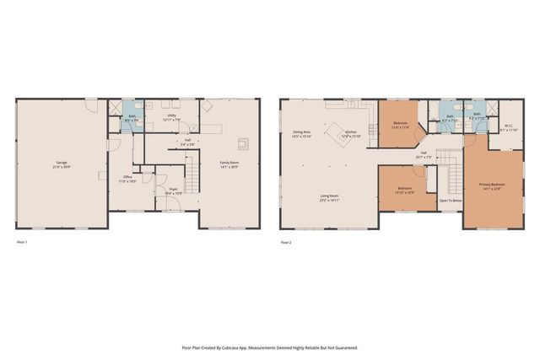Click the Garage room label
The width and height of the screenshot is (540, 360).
pyautogui.click(x=62, y=164)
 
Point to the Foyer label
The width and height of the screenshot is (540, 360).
pyautogui.click(x=172, y=191)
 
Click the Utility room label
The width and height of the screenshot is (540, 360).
pyautogui.click(x=171, y=117)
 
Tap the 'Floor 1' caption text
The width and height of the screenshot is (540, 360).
pyautogui.click(x=23, y=243)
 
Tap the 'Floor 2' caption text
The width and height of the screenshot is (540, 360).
pyautogui.click(x=286, y=243)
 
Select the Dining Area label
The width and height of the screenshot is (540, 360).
pyautogui.click(x=302, y=134)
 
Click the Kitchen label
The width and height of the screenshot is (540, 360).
pyautogui.click(x=350, y=134)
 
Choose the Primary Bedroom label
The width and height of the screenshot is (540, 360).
pyautogui.click(x=492, y=185)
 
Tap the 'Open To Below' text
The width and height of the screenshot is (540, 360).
pyautogui.click(x=450, y=201)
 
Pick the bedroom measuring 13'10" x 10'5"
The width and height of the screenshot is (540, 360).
pyautogui.click(x=405, y=191)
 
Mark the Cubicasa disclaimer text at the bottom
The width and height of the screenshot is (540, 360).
pyautogui.click(x=270, y=347)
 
